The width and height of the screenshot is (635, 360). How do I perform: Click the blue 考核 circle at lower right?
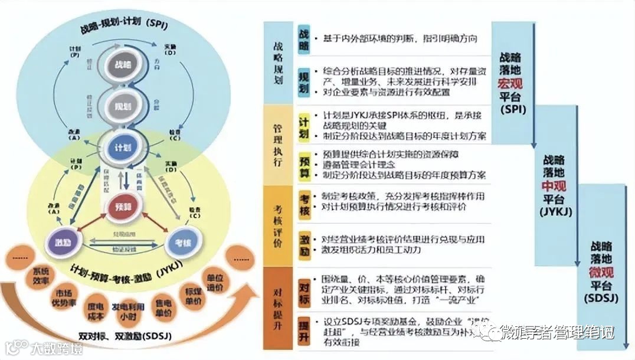184,241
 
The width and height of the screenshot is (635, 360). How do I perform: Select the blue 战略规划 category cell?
278,63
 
